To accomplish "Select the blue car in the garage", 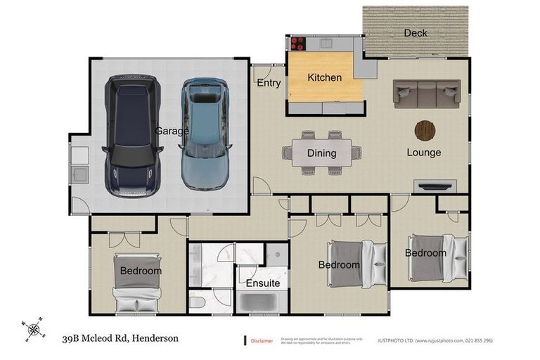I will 205,134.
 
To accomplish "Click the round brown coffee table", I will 425,130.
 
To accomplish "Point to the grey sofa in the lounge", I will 427,93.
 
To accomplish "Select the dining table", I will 321,153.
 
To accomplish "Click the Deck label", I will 416,33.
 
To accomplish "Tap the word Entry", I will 269,83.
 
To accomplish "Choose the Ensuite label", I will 262,283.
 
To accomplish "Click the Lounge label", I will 423,153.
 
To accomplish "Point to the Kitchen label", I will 324,77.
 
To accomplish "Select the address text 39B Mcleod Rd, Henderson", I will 120,338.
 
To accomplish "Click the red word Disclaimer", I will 262,341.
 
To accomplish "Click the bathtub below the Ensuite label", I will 262,303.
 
